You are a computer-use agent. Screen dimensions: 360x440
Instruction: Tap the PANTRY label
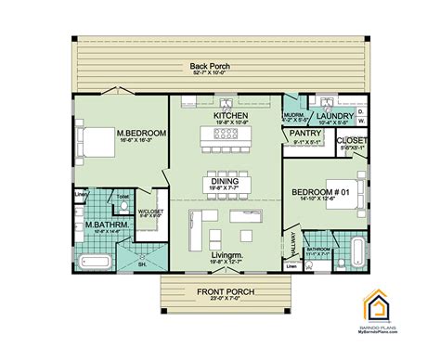tap(306, 133)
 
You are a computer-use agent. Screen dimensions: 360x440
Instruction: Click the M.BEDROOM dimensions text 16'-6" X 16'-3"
tap(141, 143)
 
